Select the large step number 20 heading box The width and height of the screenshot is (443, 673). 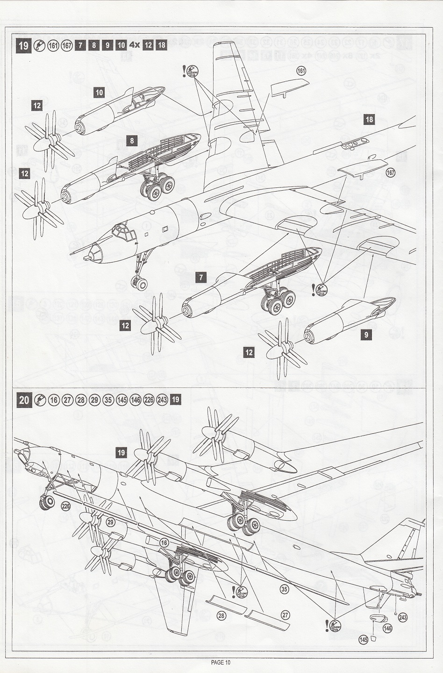tap(24, 400)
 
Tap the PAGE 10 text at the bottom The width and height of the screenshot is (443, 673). tap(221, 662)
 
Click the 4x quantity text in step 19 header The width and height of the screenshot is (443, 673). tap(134, 45)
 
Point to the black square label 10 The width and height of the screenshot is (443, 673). tap(99, 92)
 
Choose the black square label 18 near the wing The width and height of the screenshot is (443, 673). tap(369, 120)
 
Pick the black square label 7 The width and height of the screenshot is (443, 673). tap(201, 278)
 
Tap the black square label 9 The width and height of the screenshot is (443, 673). tap(366, 335)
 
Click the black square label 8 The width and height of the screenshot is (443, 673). tap(132, 140)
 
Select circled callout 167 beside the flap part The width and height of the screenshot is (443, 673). tap(391, 173)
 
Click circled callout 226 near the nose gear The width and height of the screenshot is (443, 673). tap(65, 505)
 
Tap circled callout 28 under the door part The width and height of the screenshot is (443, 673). tap(221, 616)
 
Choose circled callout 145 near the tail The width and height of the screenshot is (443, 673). tap(363, 639)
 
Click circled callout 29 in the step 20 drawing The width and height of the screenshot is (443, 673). tap(110, 522)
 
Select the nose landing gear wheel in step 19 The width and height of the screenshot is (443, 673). tap(139, 283)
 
